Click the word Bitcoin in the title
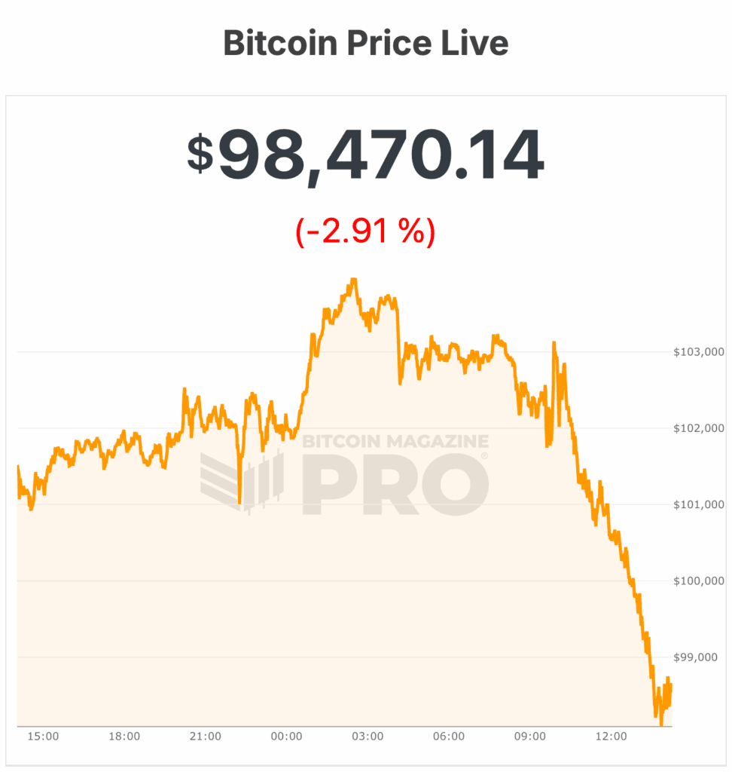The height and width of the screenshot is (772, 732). point(279,44)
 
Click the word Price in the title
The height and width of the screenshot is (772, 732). point(392,44)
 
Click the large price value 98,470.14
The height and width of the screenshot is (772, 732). point(380,156)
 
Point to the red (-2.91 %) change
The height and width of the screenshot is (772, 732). point(365,231)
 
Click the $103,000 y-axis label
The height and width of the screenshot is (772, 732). point(697,352)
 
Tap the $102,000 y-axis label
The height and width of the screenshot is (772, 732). point(697,428)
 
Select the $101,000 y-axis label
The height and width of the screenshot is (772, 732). point(697,504)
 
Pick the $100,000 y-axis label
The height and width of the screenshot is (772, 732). point(697,581)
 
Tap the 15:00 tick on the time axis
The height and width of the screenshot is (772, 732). point(43,737)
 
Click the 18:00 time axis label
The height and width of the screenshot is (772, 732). point(124,737)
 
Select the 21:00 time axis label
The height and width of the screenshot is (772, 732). point(205,737)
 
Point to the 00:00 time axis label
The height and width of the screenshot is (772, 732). point(286,737)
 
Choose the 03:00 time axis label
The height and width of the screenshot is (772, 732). point(368,737)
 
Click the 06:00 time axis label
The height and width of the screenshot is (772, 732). point(449,737)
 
